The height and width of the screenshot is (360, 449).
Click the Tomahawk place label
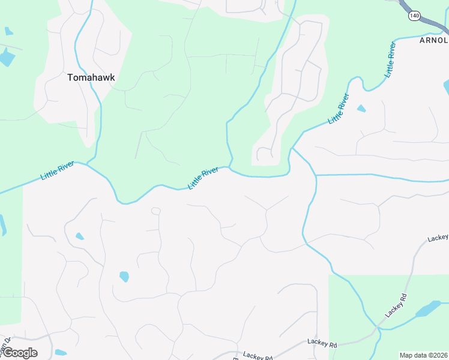(91, 77)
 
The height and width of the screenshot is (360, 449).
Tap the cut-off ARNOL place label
(433, 40)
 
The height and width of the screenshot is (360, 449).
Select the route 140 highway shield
(413, 16)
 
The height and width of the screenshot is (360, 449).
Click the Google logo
(20, 353)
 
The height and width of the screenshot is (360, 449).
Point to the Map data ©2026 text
(424, 355)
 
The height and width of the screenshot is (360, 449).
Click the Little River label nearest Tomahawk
(58, 171)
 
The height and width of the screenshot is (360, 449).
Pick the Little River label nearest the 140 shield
(391, 61)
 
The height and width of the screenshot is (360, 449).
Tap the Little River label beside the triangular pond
(339, 109)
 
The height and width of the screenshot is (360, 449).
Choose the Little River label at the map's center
(203, 179)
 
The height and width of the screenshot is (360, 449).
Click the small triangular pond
(361, 109)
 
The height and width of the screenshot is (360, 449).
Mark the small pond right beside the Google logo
(60, 352)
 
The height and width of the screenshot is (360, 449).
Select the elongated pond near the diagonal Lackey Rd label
(427, 310)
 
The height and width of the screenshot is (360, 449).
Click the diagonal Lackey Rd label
(396, 305)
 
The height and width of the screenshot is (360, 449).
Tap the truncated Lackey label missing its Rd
(438, 238)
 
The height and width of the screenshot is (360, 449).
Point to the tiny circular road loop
(156, 211)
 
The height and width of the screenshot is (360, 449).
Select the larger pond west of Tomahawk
(7, 58)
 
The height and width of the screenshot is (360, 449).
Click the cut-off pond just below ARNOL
(446, 86)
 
